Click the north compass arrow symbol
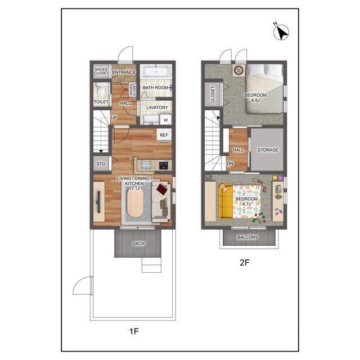click(281, 32)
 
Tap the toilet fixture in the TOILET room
click(101, 90)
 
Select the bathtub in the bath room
click(156, 71)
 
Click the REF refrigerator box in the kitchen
click(164, 135)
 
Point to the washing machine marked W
click(165, 120)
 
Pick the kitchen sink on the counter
click(146, 165)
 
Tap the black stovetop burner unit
click(164, 165)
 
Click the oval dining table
click(135, 203)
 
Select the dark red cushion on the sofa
click(162, 189)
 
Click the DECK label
click(139, 244)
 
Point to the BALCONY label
click(247, 237)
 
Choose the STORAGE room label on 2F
click(268, 150)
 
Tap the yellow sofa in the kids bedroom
click(225, 201)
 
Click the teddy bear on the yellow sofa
click(224, 188)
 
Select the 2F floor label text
click(245, 263)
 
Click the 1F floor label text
click(134, 331)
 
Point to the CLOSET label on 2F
click(213, 94)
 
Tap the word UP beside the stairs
click(114, 118)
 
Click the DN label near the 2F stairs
click(230, 164)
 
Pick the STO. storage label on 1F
click(101, 164)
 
